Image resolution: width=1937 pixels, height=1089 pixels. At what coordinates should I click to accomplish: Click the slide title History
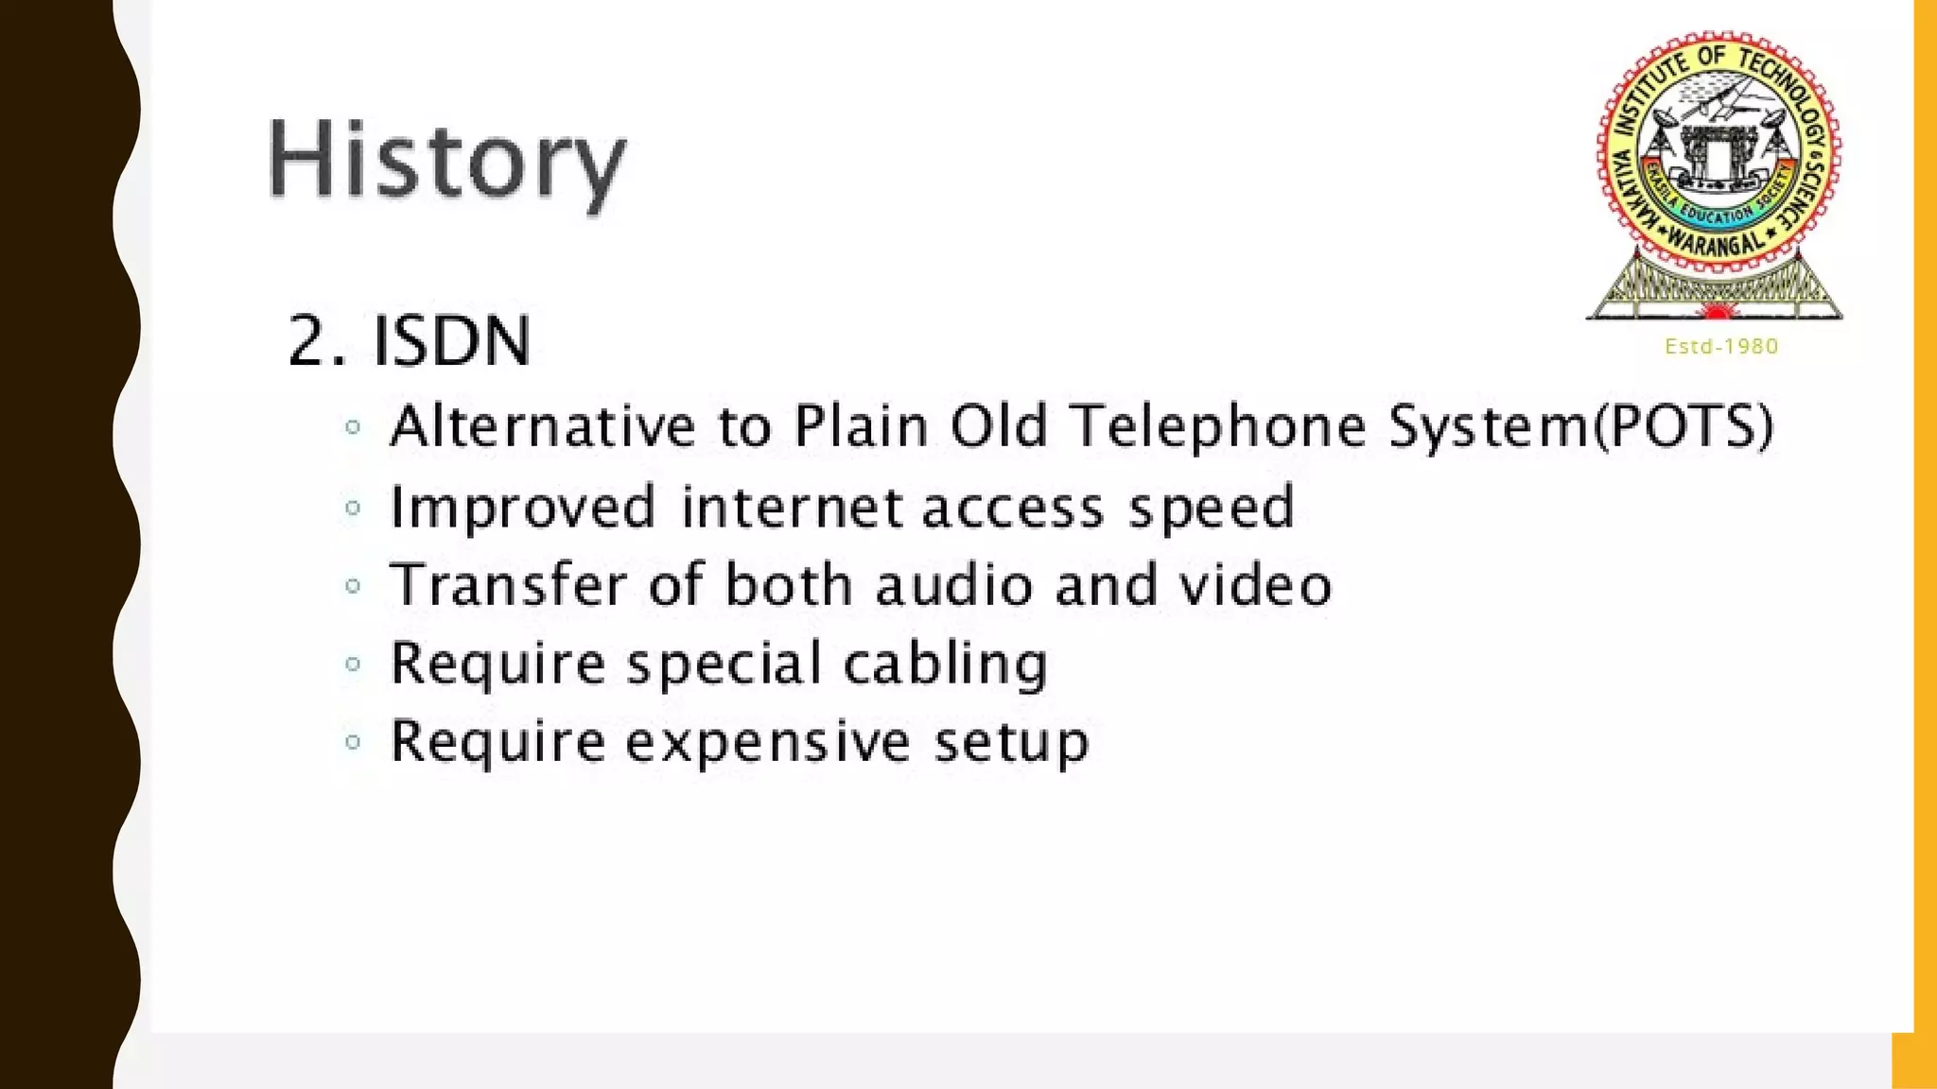(446, 161)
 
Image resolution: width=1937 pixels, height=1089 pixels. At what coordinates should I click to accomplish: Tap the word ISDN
(451, 340)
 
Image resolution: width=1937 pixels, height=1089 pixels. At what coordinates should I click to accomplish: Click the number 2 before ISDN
(308, 340)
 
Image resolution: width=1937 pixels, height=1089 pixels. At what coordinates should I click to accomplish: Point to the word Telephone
(1219, 427)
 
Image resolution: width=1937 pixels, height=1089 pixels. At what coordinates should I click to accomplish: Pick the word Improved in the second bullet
(522, 508)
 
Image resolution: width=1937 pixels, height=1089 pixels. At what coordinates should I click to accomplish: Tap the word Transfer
(508, 584)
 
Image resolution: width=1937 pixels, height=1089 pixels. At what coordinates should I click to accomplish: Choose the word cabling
(945, 664)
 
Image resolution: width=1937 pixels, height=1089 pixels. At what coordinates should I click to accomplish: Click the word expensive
(768, 742)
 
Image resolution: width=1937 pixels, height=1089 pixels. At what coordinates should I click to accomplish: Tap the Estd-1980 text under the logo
(1721, 347)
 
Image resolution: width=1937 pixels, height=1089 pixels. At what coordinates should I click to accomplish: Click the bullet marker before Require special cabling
(353, 664)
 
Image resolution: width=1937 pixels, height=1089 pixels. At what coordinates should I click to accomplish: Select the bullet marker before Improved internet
(353, 508)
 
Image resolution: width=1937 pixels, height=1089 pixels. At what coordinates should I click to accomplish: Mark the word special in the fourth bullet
(724, 665)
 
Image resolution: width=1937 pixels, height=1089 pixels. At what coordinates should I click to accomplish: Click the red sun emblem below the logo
(1714, 310)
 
